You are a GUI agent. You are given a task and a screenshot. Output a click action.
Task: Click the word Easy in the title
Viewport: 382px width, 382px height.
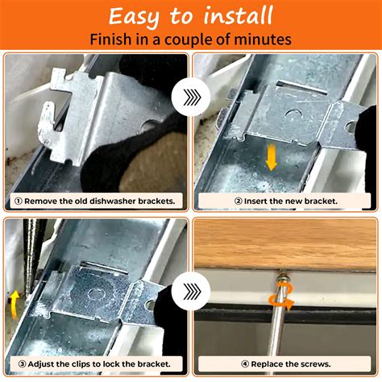click(x=138, y=16)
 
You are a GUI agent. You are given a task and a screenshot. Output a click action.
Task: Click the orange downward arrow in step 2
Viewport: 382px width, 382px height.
click(x=272, y=157)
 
